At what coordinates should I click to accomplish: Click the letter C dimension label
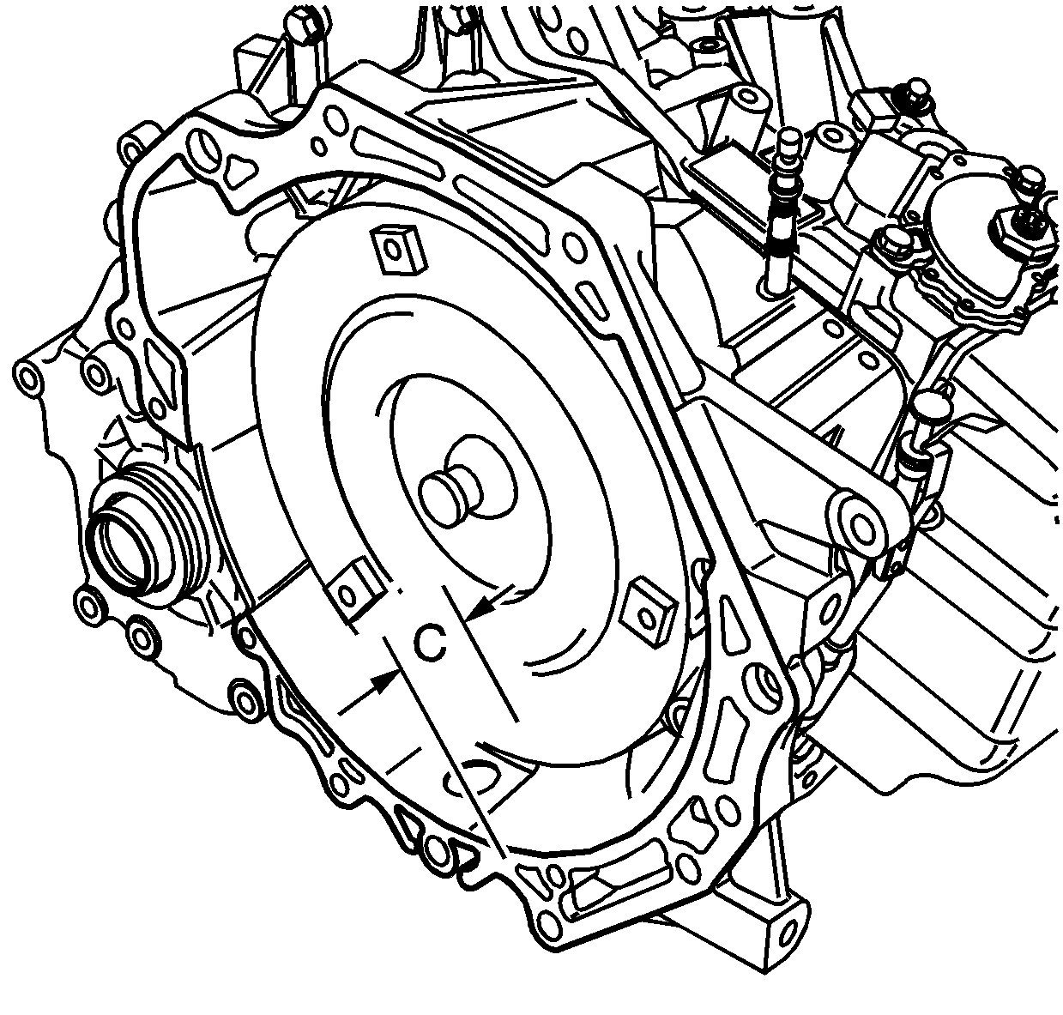[431, 644]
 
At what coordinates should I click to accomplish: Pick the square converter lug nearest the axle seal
[354, 591]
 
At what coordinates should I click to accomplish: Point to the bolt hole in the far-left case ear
[27, 375]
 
